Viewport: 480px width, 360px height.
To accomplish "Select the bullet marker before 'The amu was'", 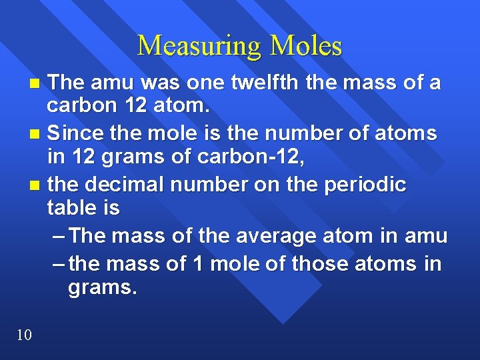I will (x=37, y=84).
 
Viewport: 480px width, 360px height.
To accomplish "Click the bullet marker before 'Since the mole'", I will (x=37, y=135).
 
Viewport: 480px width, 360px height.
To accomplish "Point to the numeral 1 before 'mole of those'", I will (x=197, y=264).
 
